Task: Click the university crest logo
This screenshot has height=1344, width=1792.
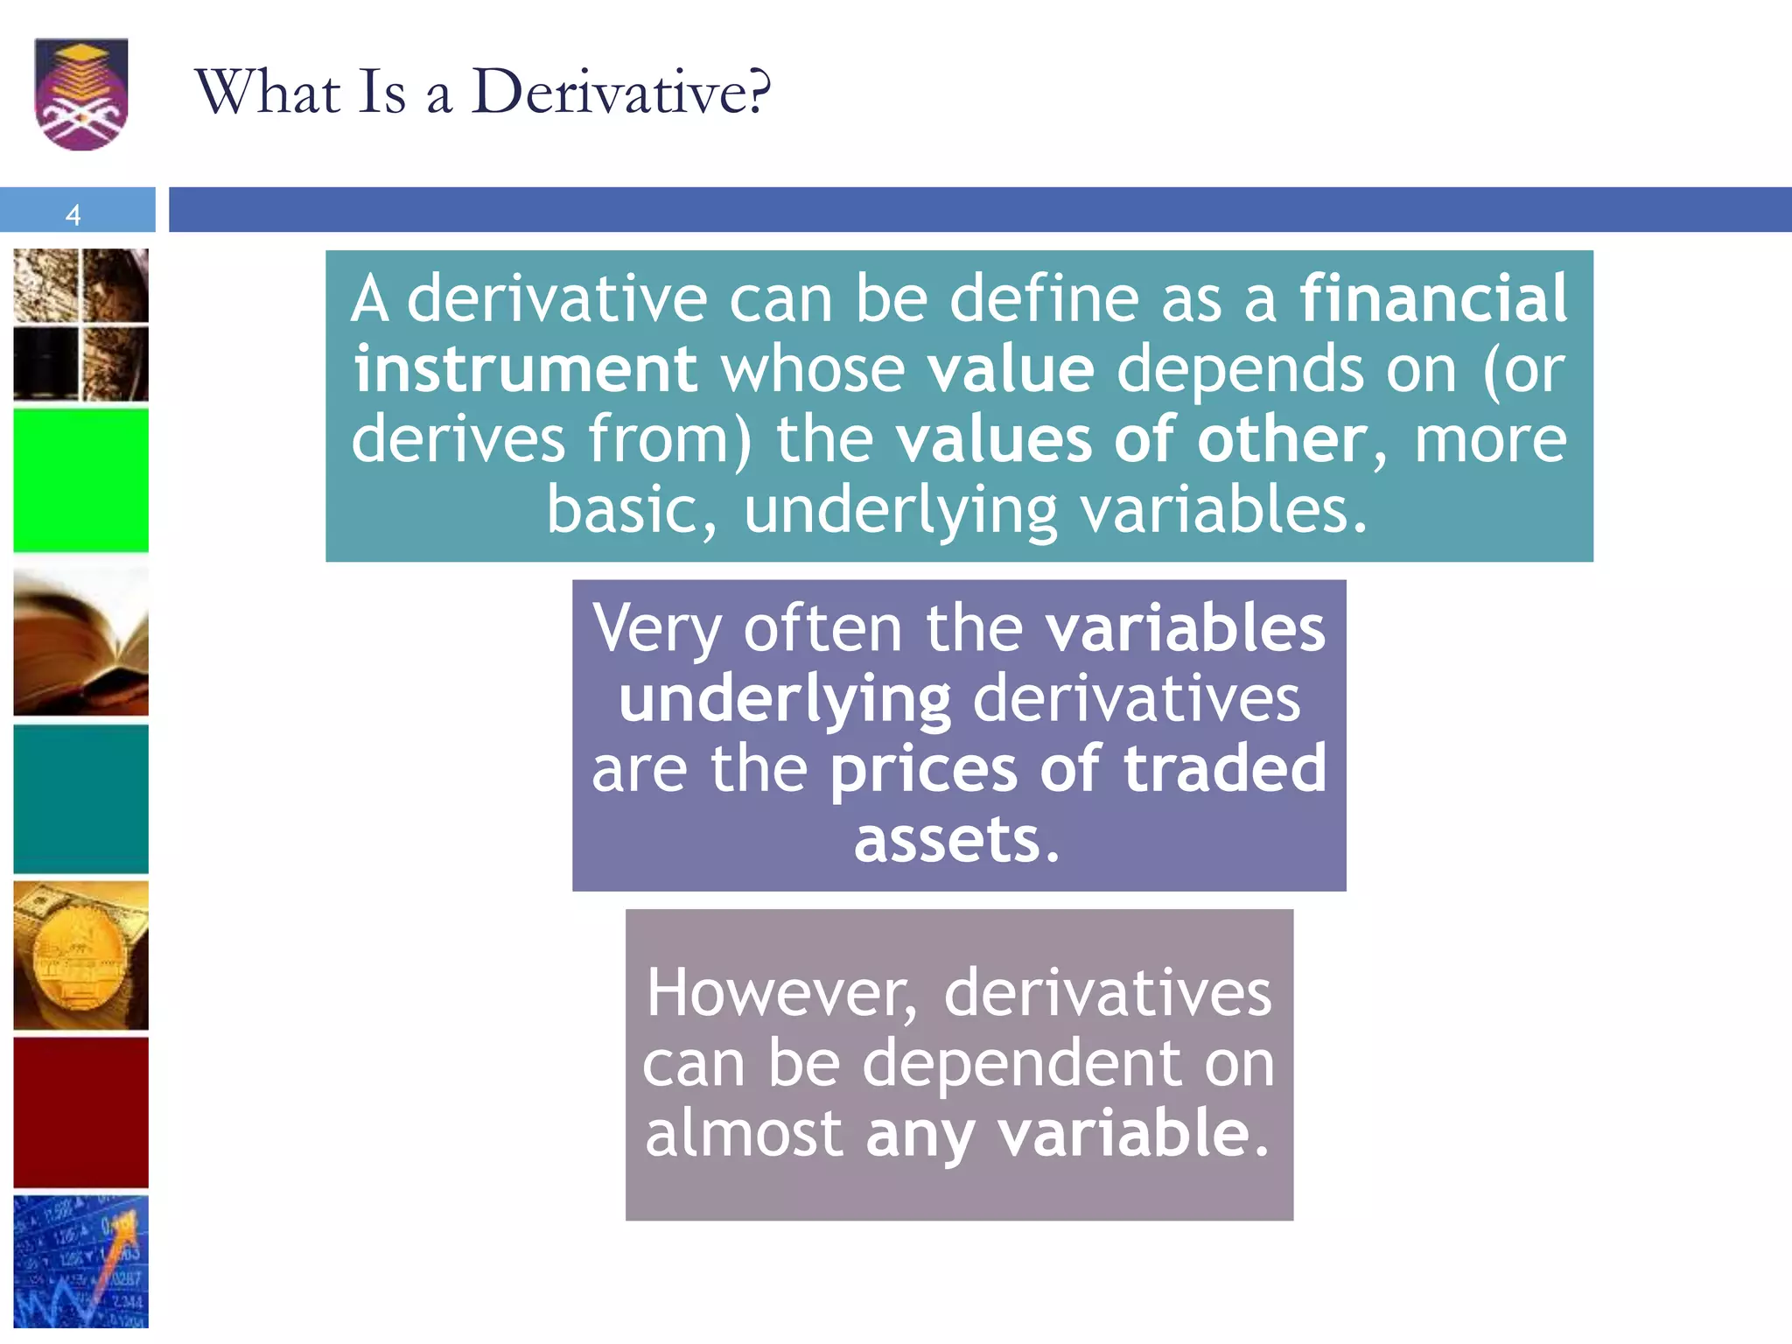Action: [81, 94]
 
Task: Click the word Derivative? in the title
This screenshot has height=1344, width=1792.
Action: [621, 91]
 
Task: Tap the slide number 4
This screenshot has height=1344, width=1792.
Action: [73, 214]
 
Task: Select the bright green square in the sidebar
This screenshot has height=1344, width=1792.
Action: [80, 480]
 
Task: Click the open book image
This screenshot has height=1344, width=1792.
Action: [80, 642]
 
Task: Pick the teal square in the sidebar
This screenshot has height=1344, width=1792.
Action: [80, 798]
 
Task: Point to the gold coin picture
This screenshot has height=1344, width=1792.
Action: [80, 955]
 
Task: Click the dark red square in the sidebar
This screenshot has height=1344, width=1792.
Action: [80, 1112]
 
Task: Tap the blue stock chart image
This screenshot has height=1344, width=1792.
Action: [80, 1261]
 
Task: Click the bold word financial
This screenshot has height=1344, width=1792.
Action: [1432, 298]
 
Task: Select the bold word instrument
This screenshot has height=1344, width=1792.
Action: [525, 368]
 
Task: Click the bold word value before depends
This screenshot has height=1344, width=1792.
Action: [1011, 368]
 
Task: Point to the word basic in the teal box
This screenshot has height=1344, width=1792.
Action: [632, 509]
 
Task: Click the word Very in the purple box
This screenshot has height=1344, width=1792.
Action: [656, 628]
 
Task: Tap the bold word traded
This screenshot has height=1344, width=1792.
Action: [1224, 768]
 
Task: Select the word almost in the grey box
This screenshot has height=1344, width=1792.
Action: [744, 1133]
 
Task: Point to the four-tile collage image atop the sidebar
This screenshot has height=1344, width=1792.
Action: [80, 325]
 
